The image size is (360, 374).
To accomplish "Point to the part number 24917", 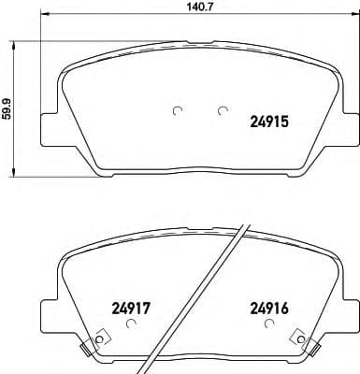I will click(x=132, y=306).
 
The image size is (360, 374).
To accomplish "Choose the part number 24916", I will click(x=269, y=306).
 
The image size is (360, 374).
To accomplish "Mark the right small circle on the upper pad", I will click(x=222, y=110).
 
